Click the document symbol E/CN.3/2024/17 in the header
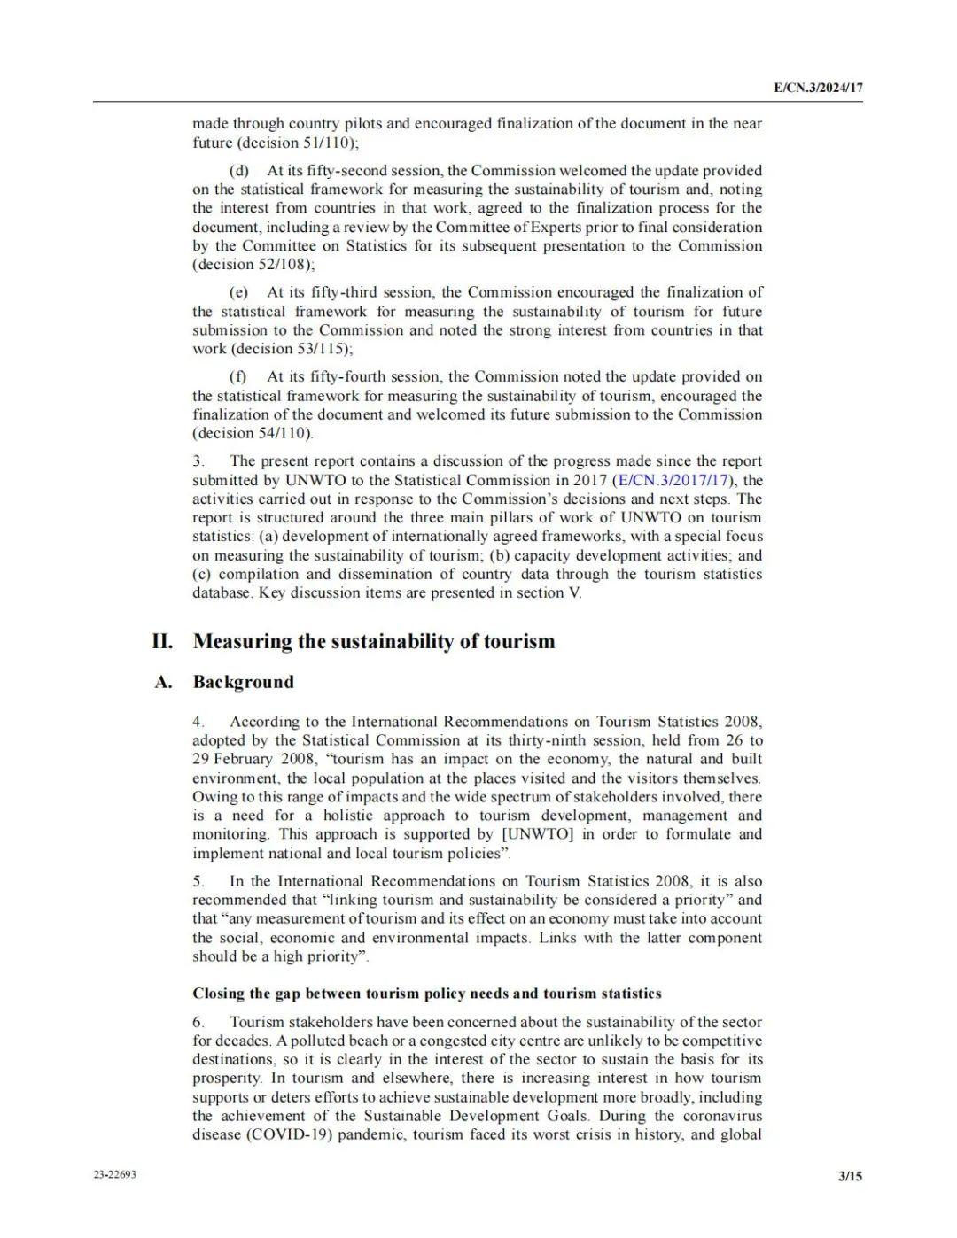coord(818,89)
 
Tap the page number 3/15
coord(850,1176)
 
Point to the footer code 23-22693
coord(115,1175)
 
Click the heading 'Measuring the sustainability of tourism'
coord(374,641)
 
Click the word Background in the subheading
coord(243,682)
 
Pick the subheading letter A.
coord(162,682)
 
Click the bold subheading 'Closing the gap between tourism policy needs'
coord(427,994)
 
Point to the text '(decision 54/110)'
coord(253,433)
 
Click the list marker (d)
coord(239,170)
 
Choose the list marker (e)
coord(239,292)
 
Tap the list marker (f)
coord(237,377)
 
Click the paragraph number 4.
coord(198,722)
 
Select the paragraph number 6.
coord(198,1022)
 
